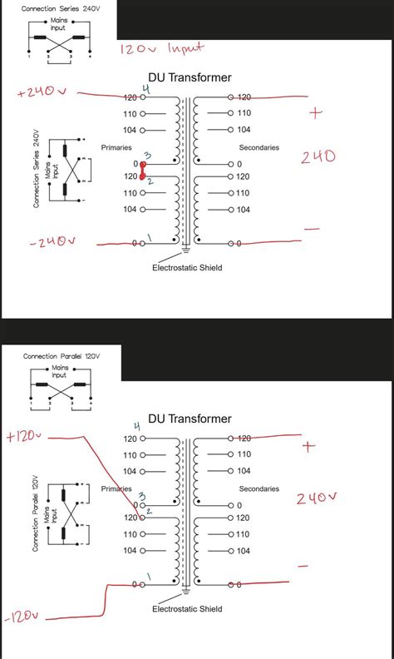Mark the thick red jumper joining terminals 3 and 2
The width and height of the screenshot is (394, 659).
pos(143,171)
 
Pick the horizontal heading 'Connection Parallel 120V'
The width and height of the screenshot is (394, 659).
pos(61,356)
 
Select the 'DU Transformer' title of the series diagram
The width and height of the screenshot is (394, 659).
pos(190,79)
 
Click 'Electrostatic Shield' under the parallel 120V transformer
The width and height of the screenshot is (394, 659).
pos(187,609)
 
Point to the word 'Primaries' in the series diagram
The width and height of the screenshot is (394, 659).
pos(116,147)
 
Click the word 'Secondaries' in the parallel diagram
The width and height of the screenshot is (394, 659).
pos(259,488)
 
